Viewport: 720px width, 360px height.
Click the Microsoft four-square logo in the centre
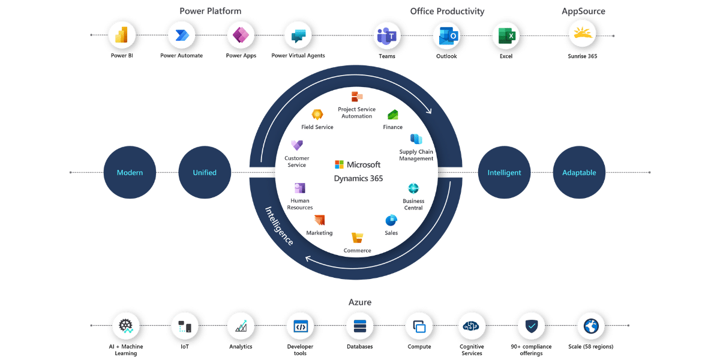tap(339, 164)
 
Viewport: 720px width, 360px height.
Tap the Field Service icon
tap(317, 114)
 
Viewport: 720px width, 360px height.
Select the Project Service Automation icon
tap(357, 96)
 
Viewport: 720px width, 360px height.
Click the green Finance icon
tap(393, 114)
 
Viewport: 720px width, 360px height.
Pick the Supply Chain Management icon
tap(416, 139)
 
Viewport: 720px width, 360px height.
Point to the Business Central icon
tap(413, 189)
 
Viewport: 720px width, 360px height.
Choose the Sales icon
tap(391, 220)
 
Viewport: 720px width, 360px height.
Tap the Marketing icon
tap(319, 220)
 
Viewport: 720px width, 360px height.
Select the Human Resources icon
tap(300, 188)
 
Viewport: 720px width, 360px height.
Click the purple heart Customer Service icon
tap(296, 145)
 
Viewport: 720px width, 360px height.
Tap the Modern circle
tap(130, 172)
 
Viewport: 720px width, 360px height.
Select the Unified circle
tap(205, 172)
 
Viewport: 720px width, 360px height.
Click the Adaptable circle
tap(579, 172)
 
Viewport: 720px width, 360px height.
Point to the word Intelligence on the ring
tap(280, 226)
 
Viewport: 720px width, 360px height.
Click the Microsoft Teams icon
tap(388, 36)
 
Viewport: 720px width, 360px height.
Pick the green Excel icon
tap(506, 36)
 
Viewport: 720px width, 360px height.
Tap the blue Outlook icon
tap(447, 36)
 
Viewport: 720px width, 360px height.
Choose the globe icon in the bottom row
tap(590, 326)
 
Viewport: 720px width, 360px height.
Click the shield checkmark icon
tap(532, 326)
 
